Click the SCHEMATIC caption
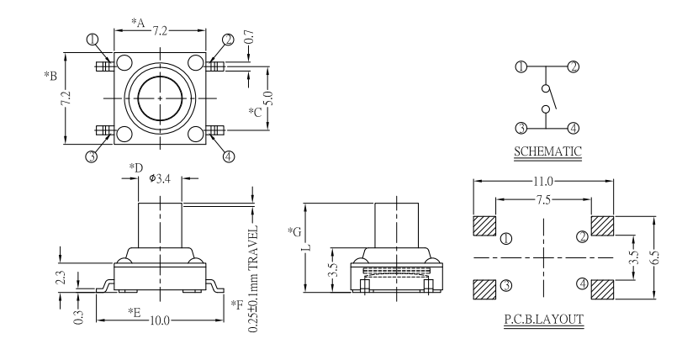pyautogui.click(x=546, y=152)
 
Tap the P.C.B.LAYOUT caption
pyautogui.click(x=544, y=320)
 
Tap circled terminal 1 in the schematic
pyautogui.click(x=521, y=66)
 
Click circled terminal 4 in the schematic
pyautogui.click(x=572, y=128)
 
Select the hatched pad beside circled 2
pyautogui.click(x=603, y=226)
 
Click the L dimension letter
pyautogui.click(x=308, y=246)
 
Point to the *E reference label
pyautogui.click(x=134, y=313)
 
